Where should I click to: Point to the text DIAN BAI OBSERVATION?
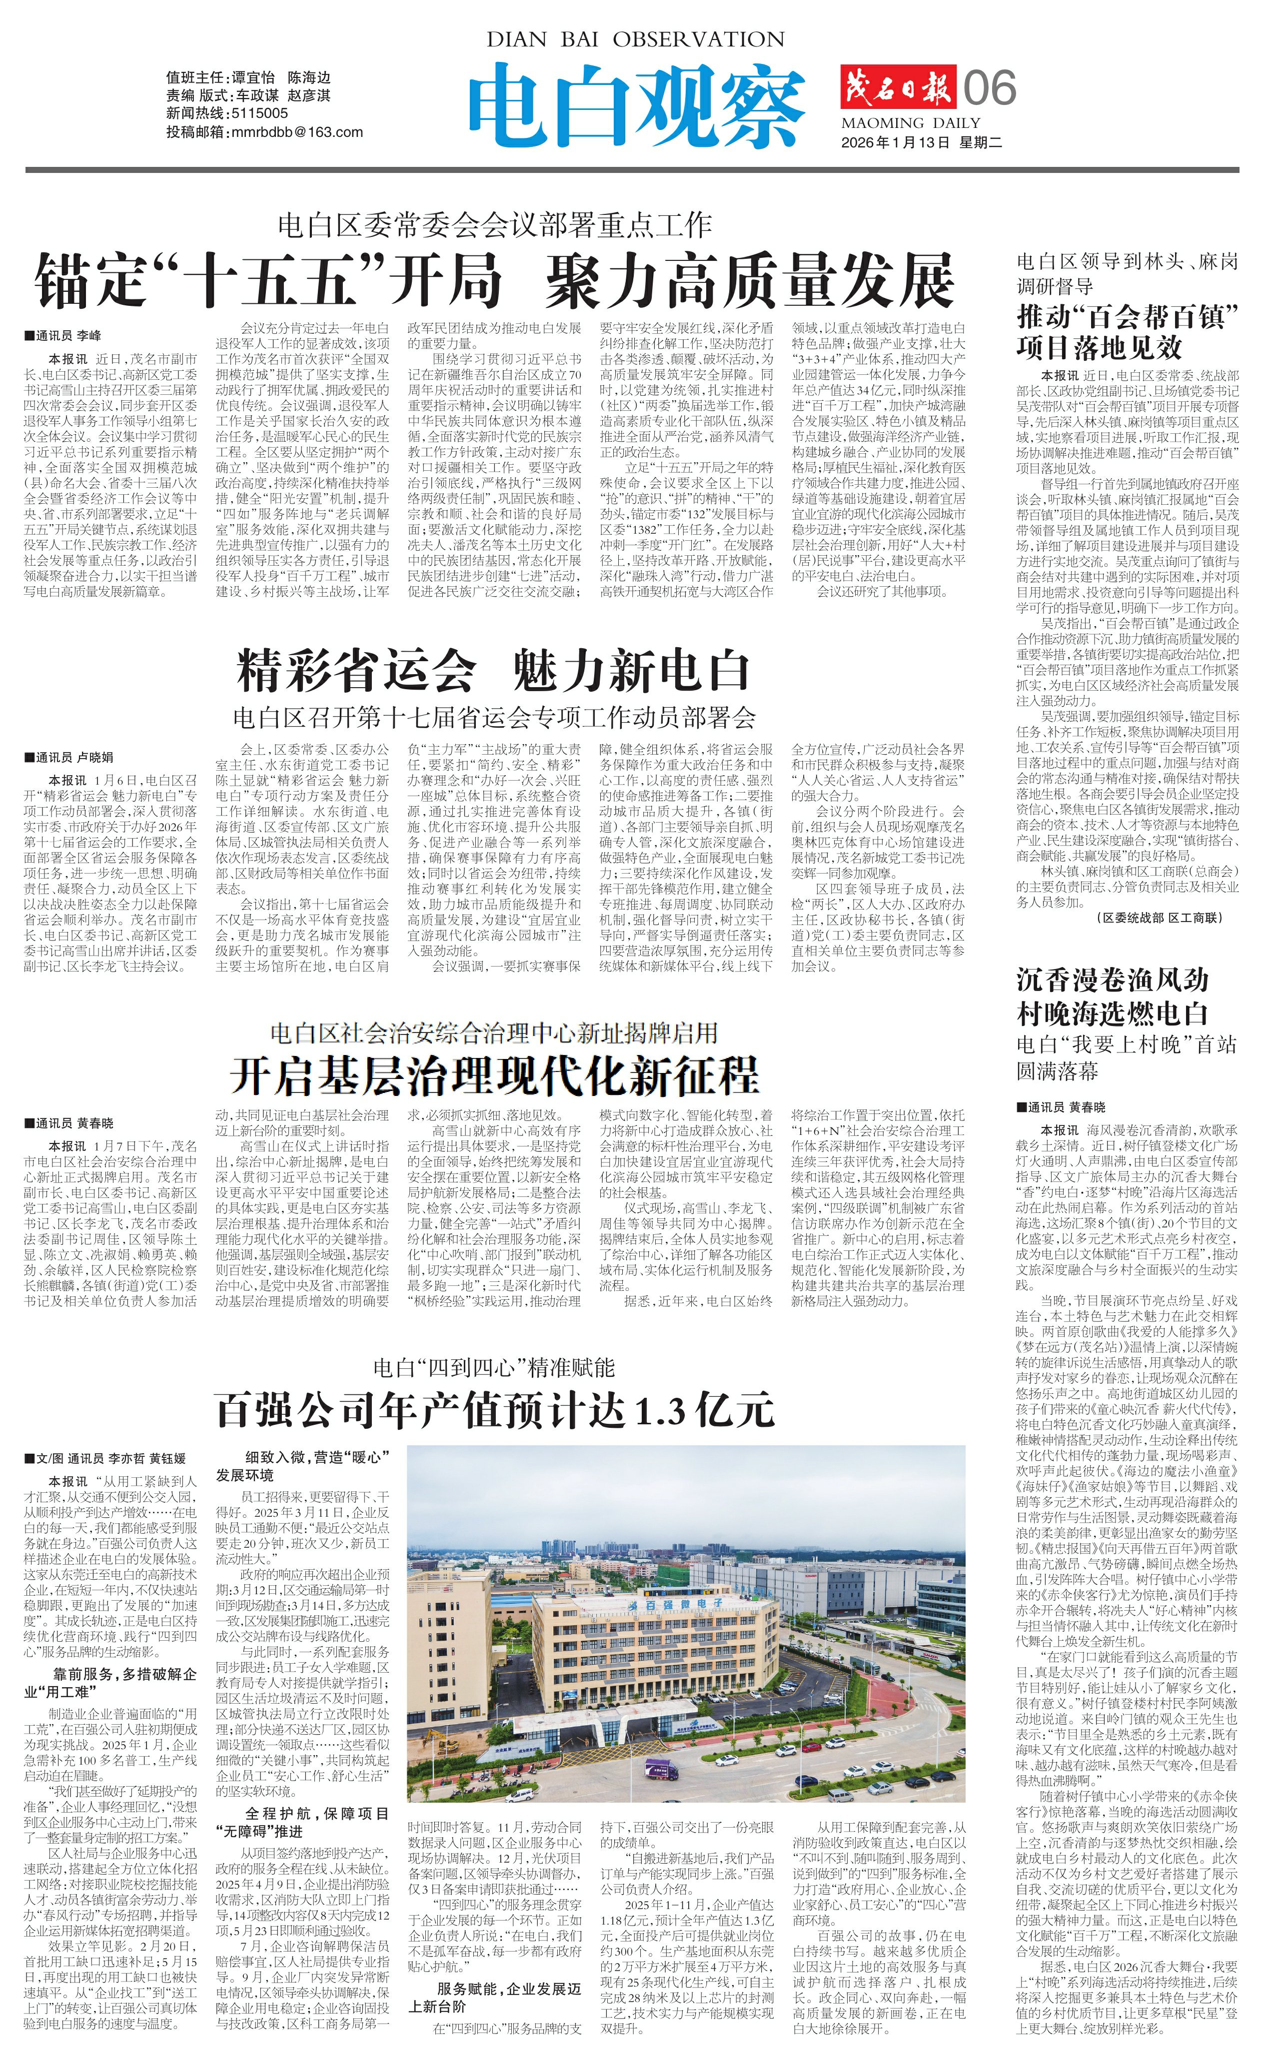tap(635, 39)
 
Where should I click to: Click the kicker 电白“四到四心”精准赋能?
tap(494, 1367)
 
